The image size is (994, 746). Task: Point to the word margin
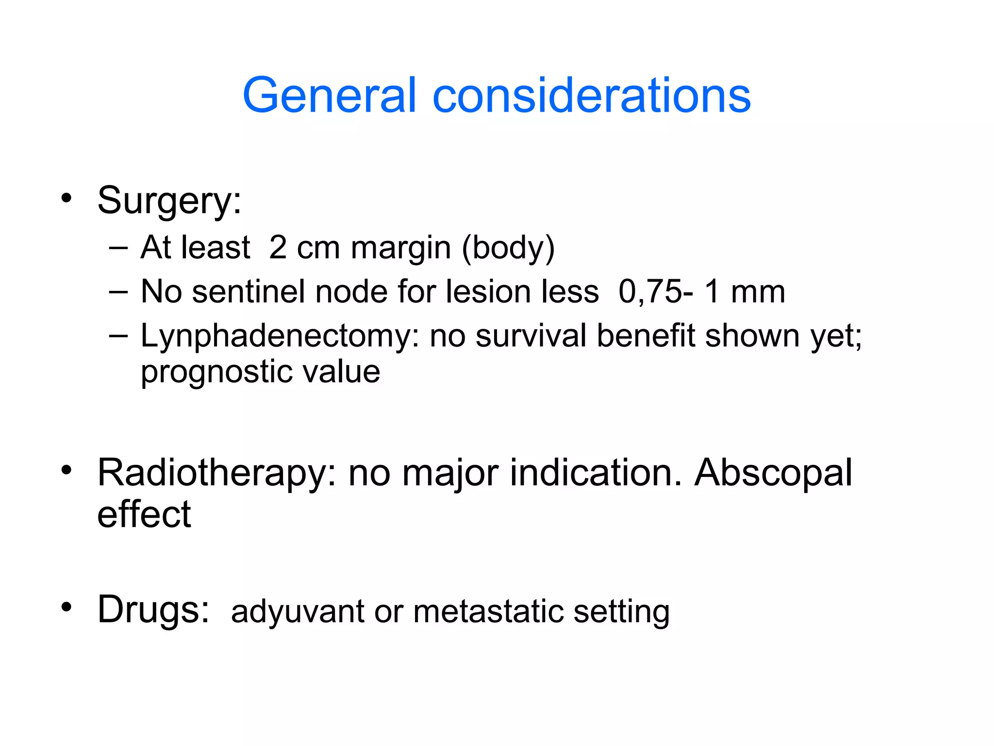(x=401, y=248)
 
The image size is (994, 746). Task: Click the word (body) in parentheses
(x=508, y=248)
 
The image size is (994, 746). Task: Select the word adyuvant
(x=297, y=612)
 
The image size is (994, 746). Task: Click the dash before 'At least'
(x=118, y=248)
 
